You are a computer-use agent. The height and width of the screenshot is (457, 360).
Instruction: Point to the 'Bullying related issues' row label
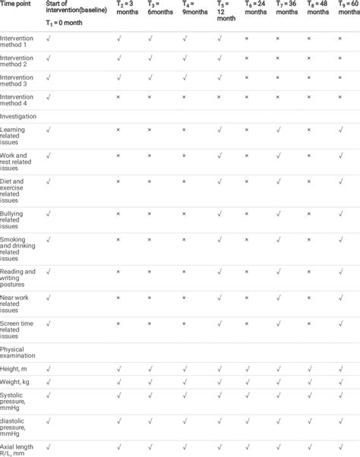(x=17, y=220)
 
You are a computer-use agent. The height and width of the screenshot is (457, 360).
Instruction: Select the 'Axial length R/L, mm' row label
(x=17, y=449)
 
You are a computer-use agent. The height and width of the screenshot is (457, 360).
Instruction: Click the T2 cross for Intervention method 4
(x=118, y=97)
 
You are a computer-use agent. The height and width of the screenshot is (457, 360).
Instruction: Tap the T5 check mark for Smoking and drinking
(x=219, y=239)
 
